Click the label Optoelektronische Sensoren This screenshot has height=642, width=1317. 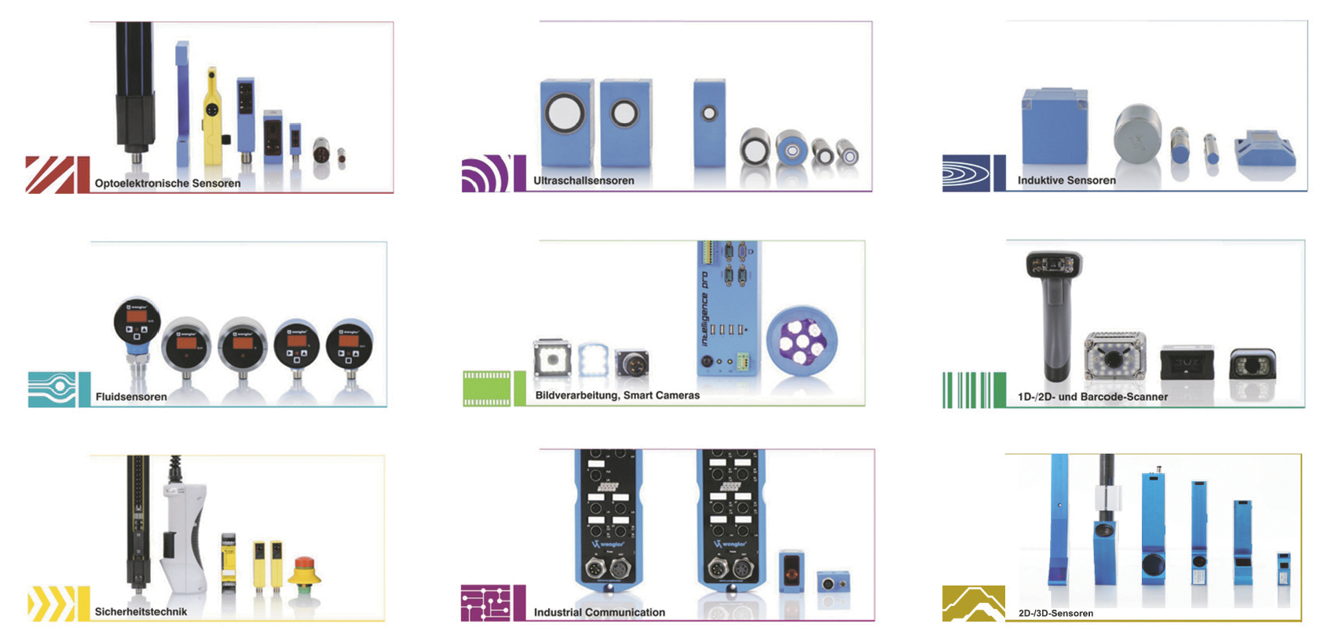click(x=167, y=184)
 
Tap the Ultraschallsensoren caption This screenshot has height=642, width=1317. click(x=584, y=181)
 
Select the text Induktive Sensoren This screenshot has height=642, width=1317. click(x=1066, y=181)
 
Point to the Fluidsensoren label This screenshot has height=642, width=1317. click(x=131, y=397)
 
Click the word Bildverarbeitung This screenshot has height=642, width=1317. click(x=576, y=396)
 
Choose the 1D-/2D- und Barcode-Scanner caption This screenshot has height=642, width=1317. click(x=1092, y=397)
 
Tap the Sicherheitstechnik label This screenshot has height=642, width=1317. click(x=141, y=612)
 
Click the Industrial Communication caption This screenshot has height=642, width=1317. click(x=599, y=613)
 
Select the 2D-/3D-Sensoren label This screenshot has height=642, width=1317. click(x=1055, y=614)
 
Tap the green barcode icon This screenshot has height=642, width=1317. click(x=973, y=390)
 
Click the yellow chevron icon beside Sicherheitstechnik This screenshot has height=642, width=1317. click(x=53, y=604)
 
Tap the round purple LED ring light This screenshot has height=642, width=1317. click(x=802, y=341)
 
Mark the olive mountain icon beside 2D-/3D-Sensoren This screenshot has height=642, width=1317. click(x=973, y=604)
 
